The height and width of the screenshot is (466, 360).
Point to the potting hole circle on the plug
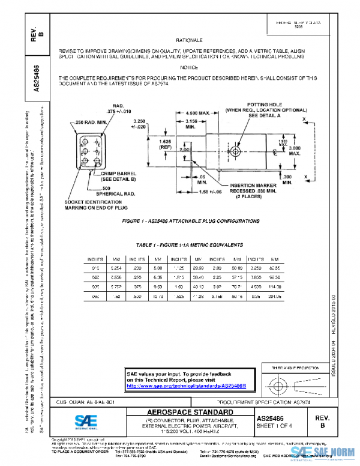[x=236, y=153]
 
